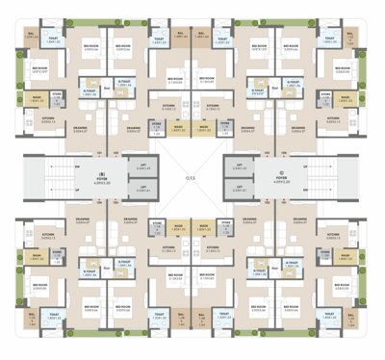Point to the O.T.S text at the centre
192,179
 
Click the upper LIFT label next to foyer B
143,165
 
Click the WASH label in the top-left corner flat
36,97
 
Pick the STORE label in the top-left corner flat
57,94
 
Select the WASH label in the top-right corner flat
348,97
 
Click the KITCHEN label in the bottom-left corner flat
47,235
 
